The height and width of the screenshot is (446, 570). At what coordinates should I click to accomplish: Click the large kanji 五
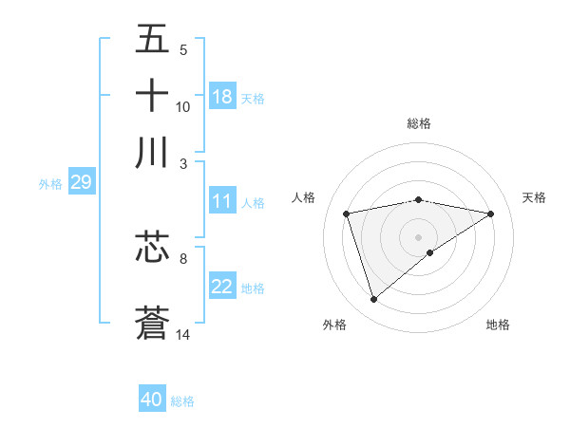click(152, 40)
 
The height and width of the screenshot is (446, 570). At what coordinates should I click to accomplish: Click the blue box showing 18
click(222, 97)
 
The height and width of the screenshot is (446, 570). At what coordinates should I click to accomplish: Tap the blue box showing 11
click(222, 201)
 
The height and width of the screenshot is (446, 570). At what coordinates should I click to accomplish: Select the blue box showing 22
click(222, 288)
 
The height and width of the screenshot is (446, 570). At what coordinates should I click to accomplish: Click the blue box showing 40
click(152, 400)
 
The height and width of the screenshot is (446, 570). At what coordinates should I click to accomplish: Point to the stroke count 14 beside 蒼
click(183, 334)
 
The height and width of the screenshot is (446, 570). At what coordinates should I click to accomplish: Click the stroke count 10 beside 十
click(183, 107)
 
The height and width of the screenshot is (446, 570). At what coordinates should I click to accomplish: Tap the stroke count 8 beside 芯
click(183, 257)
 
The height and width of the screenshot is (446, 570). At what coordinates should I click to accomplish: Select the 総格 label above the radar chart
click(418, 123)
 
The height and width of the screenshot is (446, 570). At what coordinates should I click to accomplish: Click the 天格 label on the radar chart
click(534, 197)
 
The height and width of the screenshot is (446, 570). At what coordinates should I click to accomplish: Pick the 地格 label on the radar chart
click(498, 325)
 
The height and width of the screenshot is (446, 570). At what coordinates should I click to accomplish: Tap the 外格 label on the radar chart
click(334, 325)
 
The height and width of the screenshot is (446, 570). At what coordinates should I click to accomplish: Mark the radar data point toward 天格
click(491, 214)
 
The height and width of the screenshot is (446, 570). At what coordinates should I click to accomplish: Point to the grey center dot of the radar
click(418, 236)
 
